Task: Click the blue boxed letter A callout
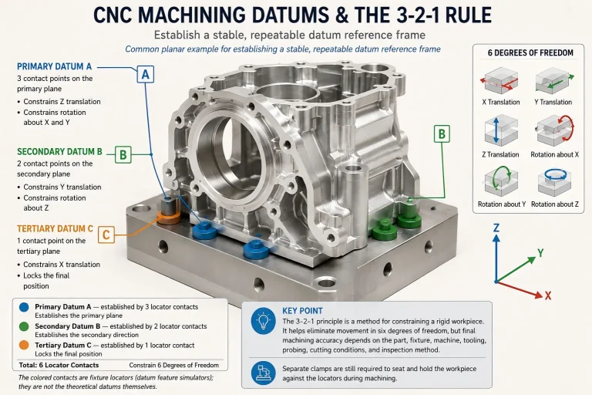click(146, 75)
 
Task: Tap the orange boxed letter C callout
click(106, 235)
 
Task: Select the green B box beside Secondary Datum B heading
click(123, 154)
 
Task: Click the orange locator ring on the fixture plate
click(168, 218)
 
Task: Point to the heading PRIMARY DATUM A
click(55, 66)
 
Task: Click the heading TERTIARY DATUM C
click(55, 228)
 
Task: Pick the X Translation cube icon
click(500, 80)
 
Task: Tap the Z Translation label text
click(500, 154)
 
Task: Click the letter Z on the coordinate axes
click(496, 228)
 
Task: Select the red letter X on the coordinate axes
click(548, 295)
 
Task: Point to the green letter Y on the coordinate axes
click(540, 253)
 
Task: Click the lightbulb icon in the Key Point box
click(263, 321)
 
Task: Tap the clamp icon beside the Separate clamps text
click(263, 373)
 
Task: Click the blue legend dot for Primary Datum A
click(24, 307)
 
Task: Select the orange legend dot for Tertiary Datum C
click(24, 345)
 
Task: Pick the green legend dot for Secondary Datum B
click(24, 326)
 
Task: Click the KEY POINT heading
click(302, 311)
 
